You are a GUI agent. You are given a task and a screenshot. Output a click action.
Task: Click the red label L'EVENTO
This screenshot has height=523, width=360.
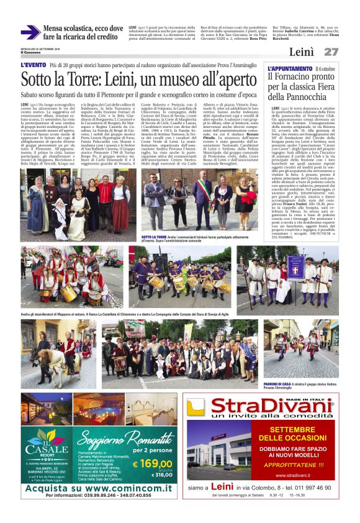point(33,65)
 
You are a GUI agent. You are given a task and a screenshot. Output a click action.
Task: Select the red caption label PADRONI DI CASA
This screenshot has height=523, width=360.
point(278,384)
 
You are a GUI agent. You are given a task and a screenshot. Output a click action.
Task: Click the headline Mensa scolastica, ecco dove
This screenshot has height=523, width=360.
point(83,29)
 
